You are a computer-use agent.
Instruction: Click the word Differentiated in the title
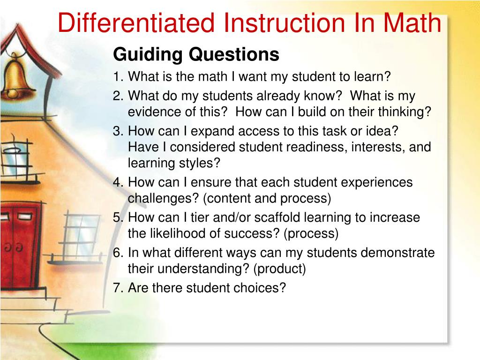click(x=136, y=23)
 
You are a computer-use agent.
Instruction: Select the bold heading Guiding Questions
click(x=196, y=55)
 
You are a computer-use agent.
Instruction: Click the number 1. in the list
click(x=119, y=76)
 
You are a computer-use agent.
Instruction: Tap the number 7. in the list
click(x=119, y=288)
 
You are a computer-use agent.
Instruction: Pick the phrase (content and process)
click(x=267, y=198)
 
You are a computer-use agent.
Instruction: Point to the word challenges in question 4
click(x=163, y=198)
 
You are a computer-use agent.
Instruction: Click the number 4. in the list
click(x=119, y=182)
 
